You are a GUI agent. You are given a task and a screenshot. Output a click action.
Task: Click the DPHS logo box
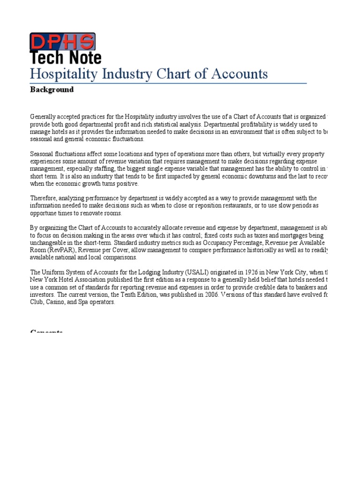pos(62,42)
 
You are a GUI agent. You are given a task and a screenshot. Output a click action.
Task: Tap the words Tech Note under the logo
pos(66,58)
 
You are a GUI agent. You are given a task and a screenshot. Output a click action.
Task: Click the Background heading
pos(52,90)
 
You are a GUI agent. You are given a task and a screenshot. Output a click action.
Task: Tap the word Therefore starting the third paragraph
pos(44,198)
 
